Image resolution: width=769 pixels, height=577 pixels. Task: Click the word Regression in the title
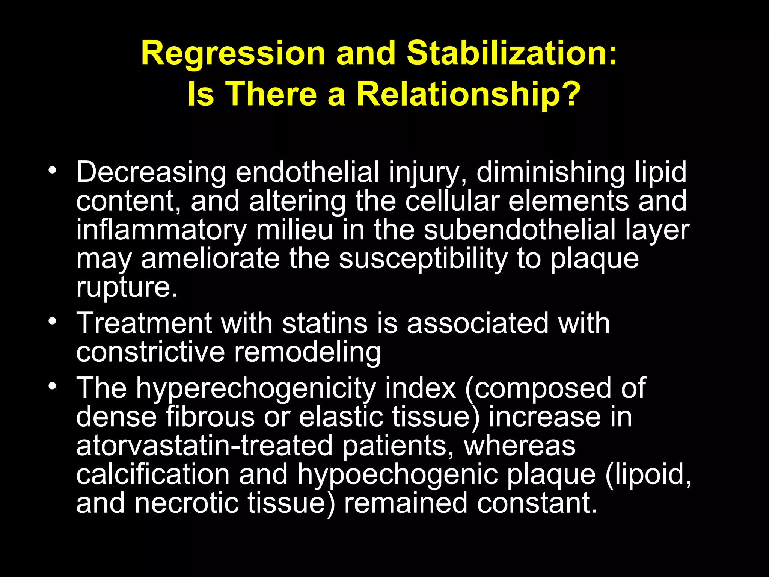[x=233, y=54]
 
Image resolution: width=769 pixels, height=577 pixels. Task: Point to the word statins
[x=324, y=323]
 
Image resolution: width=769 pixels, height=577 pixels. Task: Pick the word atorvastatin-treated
[x=205, y=446]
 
